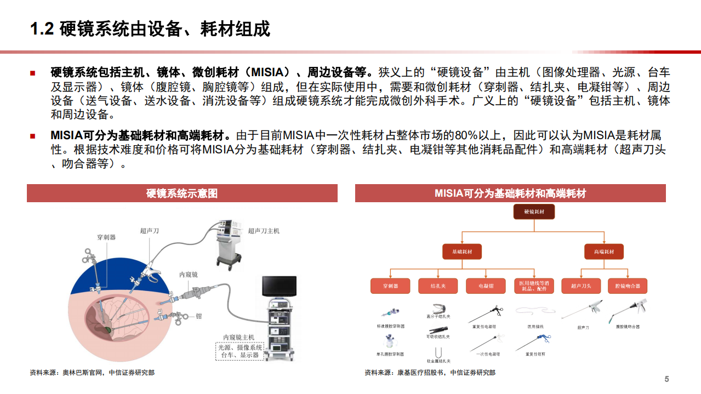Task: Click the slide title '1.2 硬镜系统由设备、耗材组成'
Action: tap(150, 29)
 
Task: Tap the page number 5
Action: tap(666, 379)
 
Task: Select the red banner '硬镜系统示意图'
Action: tap(182, 193)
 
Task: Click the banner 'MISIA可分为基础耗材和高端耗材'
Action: tap(510, 193)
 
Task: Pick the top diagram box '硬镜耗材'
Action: tap(534, 212)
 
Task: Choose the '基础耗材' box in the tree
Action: tap(461, 252)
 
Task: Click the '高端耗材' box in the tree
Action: tap(603, 252)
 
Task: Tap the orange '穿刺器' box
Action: tap(390, 286)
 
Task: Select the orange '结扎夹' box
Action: tap(437, 286)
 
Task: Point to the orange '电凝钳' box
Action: tap(486, 286)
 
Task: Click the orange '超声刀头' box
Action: tap(580, 286)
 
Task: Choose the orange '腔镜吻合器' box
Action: tap(628, 286)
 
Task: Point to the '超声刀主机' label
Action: tap(263, 231)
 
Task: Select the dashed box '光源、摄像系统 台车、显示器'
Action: tap(239, 351)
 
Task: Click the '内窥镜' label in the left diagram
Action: tap(188, 275)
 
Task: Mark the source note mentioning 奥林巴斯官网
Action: tap(92, 373)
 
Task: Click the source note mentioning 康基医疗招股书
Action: tap(430, 373)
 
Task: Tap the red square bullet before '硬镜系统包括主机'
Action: tap(33, 73)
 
